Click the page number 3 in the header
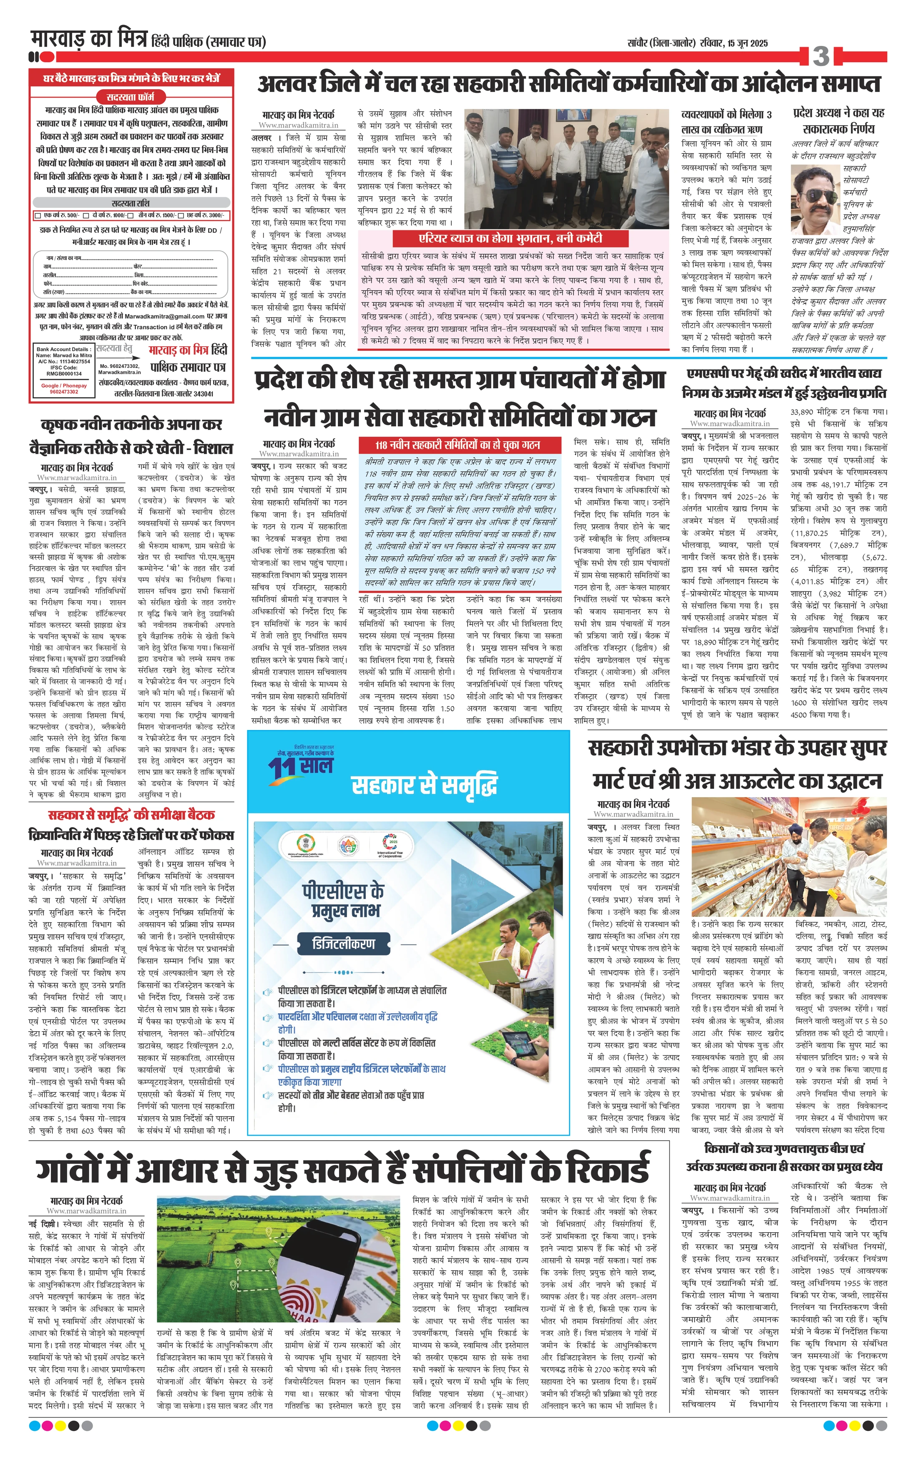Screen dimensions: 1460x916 tap(821, 56)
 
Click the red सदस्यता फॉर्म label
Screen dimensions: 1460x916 tap(130, 97)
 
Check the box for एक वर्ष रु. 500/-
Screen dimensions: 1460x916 tap(39, 216)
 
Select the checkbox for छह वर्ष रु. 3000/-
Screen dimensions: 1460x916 tap(181, 216)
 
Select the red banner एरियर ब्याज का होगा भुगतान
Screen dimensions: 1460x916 tap(510, 238)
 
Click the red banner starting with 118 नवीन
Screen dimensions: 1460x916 tap(458, 445)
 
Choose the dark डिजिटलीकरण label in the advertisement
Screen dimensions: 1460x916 tap(343, 943)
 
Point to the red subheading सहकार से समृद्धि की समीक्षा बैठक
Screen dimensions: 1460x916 tap(131, 815)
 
